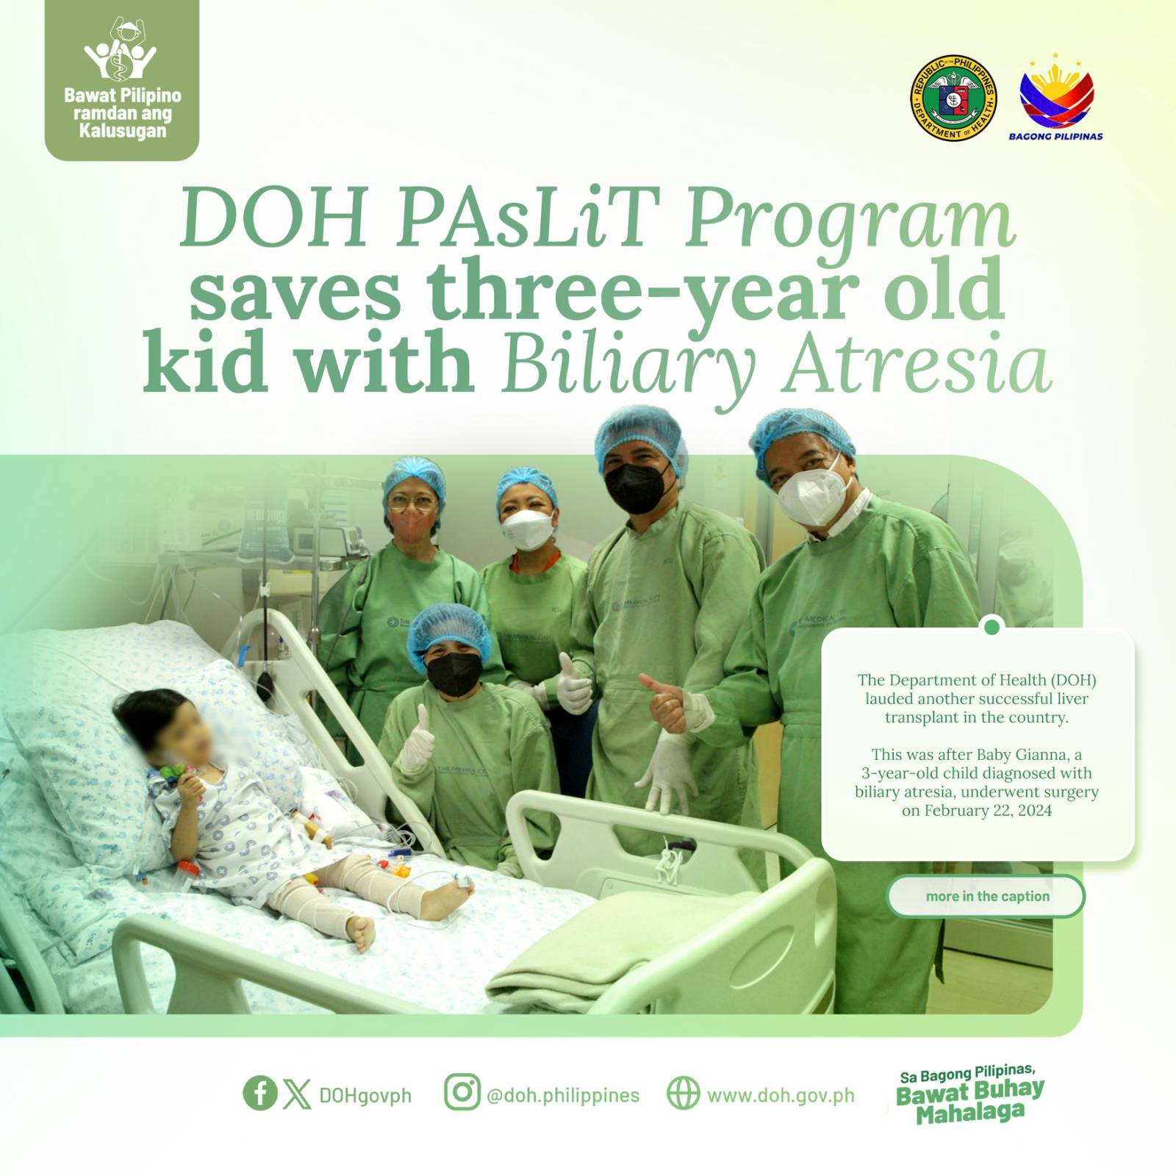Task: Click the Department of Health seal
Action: click(954, 98)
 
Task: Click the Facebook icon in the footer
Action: click(260, 1092)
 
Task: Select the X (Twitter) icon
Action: click(297, 1093)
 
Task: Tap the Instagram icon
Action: click(462, 1091)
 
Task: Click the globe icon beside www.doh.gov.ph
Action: click(684, 1092)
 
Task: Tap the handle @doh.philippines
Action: click(563, 1095)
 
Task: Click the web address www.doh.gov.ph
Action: click(781, 1095)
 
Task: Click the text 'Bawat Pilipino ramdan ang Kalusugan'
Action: click(122, 113)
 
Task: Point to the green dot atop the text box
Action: click(992, 627)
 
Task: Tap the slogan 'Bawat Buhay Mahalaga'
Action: click(970, 1101)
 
